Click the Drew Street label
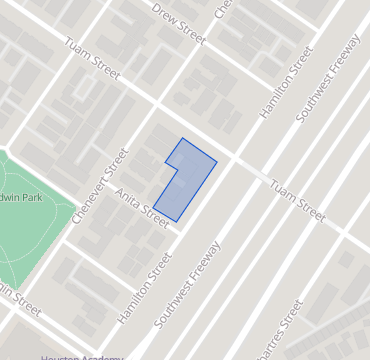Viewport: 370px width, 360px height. pos(178,24)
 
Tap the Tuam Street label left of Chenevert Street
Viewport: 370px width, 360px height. pos(92,60)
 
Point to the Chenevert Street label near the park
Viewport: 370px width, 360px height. pos(101,185)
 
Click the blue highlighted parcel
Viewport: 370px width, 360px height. pos(184,180)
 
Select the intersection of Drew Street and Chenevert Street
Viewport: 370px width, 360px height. pos(205,42)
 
